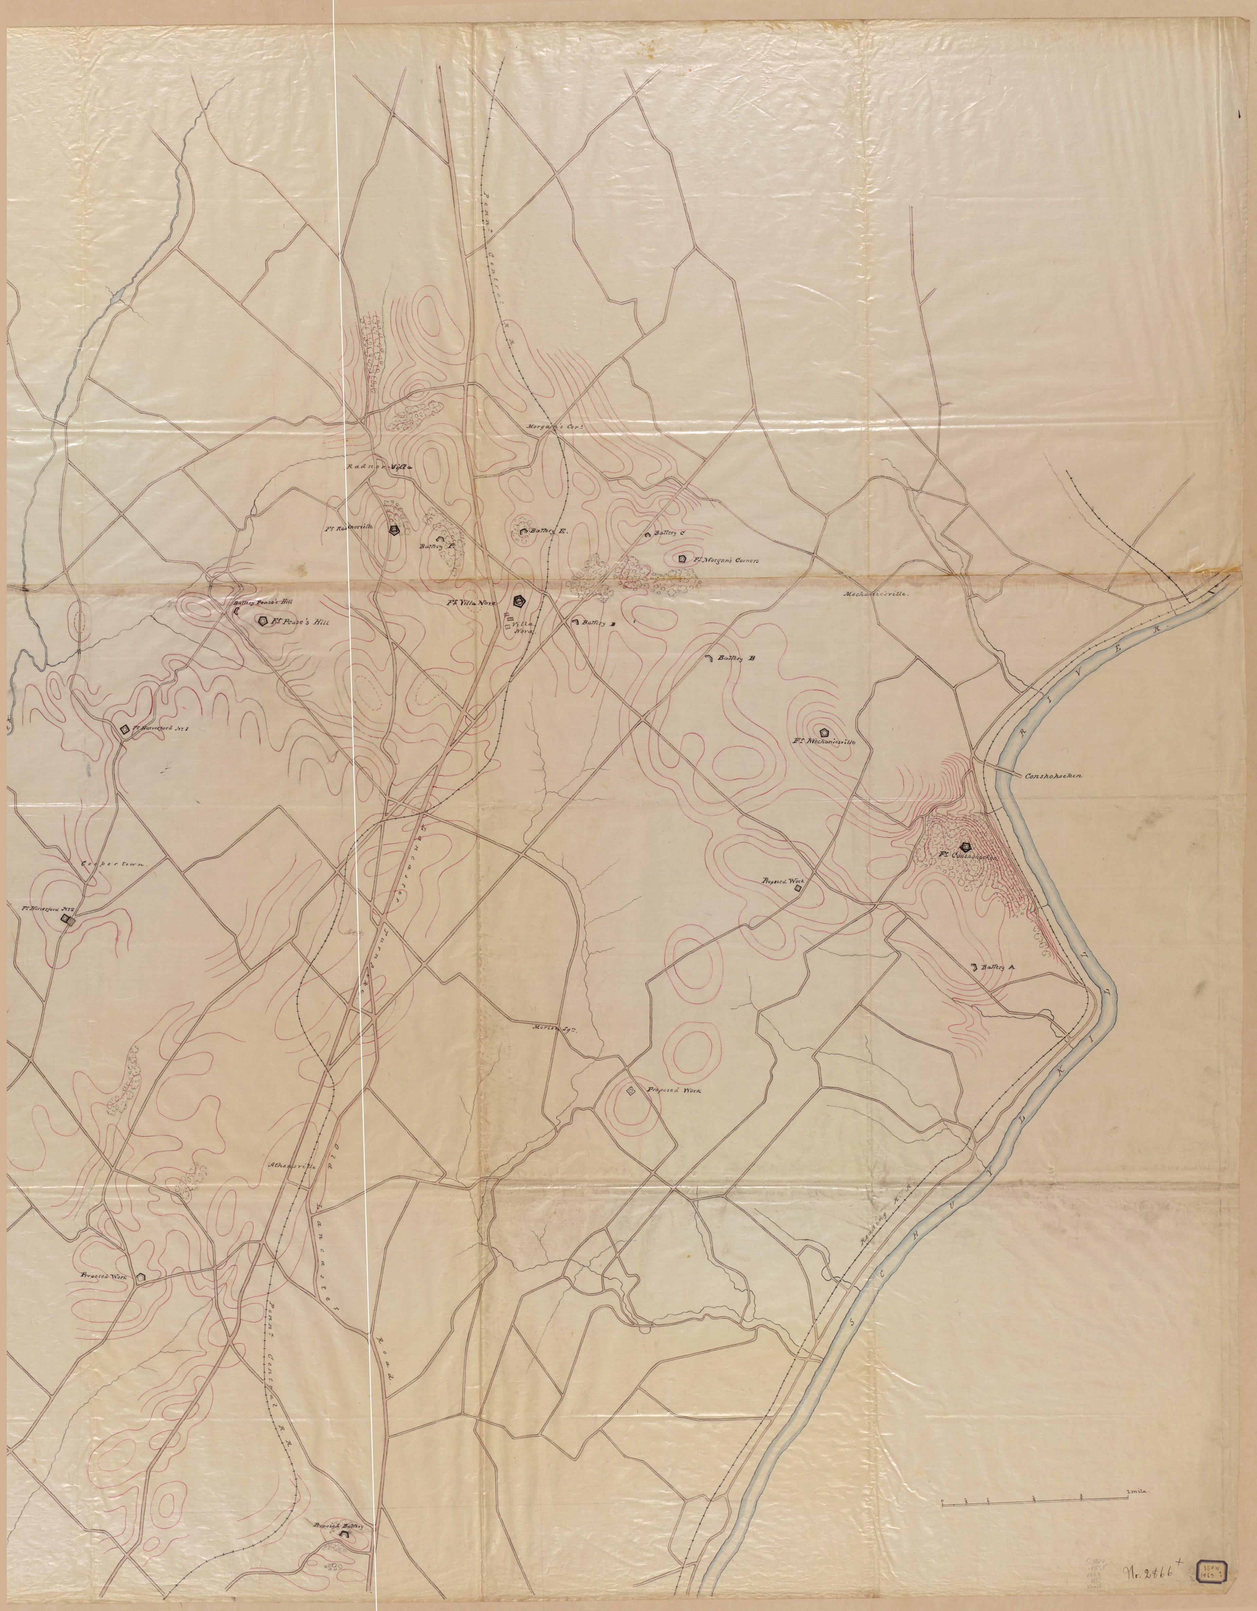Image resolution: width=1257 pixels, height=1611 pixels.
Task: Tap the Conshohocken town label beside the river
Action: (1052, 776)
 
